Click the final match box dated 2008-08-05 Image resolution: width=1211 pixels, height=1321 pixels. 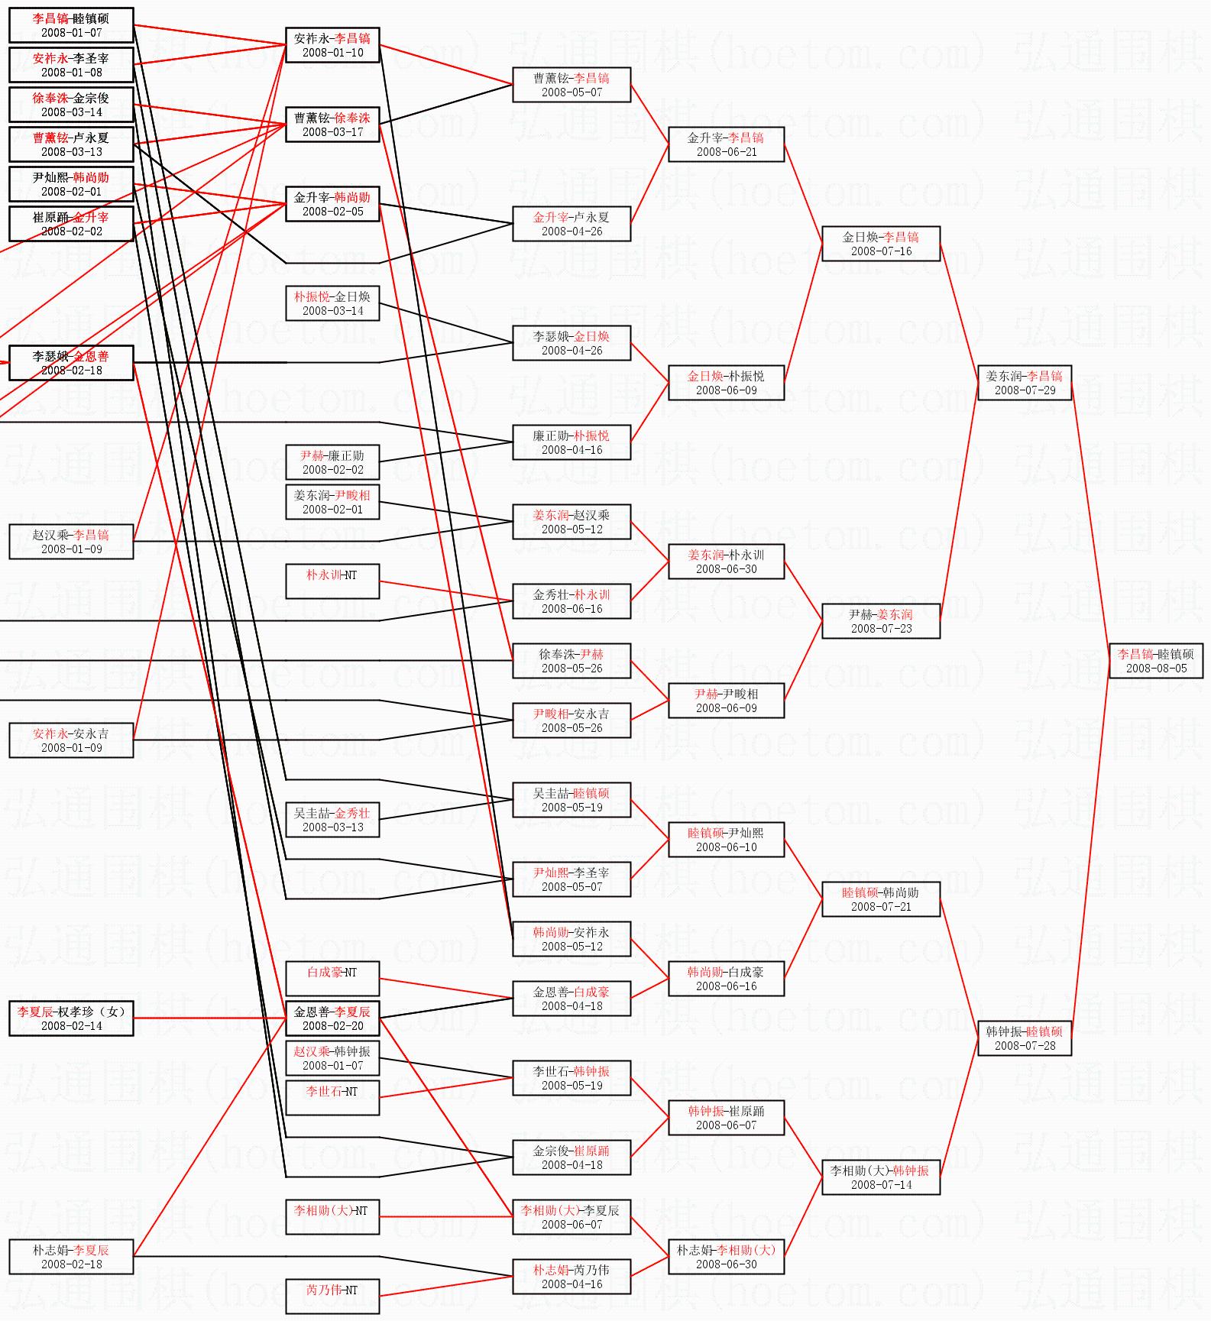pos(1155,661)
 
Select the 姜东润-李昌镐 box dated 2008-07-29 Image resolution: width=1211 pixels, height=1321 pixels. pos(1025,383)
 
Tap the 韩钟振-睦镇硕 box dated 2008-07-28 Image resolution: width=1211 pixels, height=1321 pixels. pos(1025,1038)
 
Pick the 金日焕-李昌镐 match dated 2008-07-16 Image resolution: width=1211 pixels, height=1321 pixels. pos(880,244)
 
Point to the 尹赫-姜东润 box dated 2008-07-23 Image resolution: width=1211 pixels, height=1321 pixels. pos(880,621)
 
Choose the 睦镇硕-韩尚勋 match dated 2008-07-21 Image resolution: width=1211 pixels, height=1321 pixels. pos(880,899)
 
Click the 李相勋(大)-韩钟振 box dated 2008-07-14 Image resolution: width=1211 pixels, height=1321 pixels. pos(880,1177)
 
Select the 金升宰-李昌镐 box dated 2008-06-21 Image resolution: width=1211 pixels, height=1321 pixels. pos(726,144)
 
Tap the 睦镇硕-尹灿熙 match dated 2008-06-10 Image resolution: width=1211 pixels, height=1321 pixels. pos(726,840)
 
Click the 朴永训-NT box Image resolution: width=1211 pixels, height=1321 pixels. pos(332,581)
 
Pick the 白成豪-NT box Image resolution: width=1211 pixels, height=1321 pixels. pos(332,979)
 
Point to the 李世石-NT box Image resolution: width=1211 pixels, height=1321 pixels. pos(332,1098)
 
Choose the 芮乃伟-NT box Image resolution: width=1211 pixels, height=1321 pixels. pos(332,1297)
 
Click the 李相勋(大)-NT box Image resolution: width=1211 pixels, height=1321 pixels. pos(332,1217)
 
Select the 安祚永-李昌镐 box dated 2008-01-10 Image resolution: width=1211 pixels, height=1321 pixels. pos(332,45)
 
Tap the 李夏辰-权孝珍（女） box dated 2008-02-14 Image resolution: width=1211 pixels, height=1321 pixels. pos(71,1018)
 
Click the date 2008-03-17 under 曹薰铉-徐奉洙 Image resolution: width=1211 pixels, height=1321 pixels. pos(332,132)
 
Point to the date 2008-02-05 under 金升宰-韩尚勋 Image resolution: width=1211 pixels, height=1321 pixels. pos(332,212)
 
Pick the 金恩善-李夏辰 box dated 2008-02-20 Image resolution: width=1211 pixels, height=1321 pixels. pos(332,1018)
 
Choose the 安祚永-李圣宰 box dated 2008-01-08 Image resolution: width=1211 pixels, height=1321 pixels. pos(71,65)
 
